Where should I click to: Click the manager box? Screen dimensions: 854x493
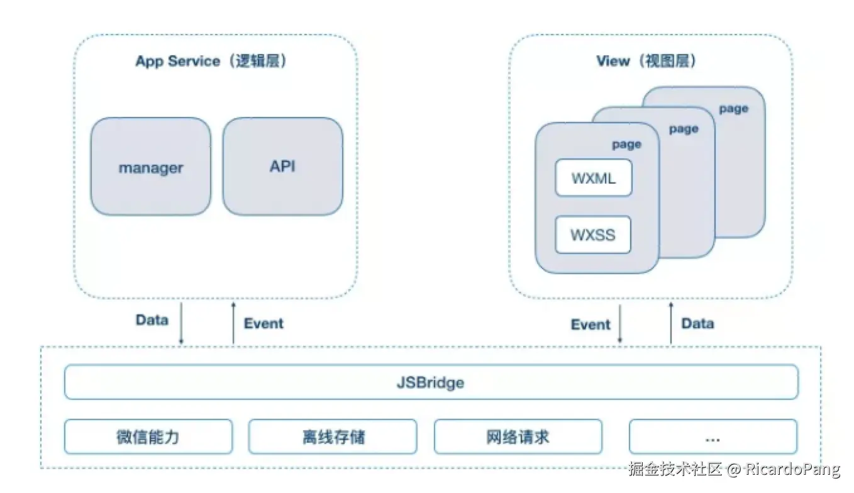pos(151,167)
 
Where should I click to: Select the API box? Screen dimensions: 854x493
pos(282,167)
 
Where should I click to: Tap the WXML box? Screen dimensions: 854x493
pos(594,178)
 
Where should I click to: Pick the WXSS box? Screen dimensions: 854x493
pos(593,235)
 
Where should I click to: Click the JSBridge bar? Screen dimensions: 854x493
pos(431,382)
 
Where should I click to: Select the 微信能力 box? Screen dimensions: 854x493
pos(148,436)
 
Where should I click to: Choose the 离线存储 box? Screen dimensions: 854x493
pos(333,436)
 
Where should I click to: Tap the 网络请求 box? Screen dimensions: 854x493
pos(518,436)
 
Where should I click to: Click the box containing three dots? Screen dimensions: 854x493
pos(713,436)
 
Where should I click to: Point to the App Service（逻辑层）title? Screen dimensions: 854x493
pos(211,61)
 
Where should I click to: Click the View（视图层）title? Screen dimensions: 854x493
pos(647,61)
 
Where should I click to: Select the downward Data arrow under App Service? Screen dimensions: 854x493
pos(182,324)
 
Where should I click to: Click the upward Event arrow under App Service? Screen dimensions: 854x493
pos(233,323)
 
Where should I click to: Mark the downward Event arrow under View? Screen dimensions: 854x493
pos(620,324)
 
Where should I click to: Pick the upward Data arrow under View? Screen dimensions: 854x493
pos(671,323)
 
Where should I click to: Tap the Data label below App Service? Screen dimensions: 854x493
pos(152,320)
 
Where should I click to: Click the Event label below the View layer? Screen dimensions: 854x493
pos(591,324)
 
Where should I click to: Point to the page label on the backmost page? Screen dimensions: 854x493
pos(734,109)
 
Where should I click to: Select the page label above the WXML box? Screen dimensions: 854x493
pos(627,145)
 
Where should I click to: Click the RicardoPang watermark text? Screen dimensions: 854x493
pos(792,469)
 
